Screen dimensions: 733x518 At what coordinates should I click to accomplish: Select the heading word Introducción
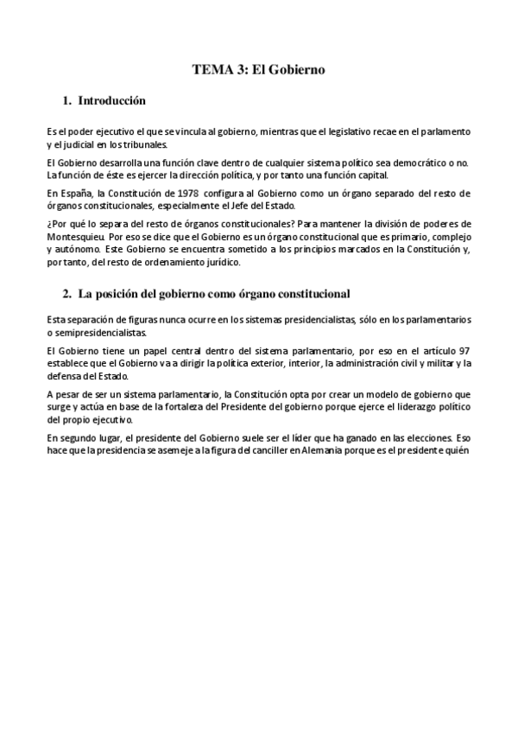pyautogui.click(x=111, y=101)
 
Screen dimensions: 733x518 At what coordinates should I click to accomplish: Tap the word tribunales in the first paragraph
pyautogui.click(x=142, y=143)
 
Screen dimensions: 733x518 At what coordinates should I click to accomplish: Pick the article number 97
pyautogui.click(x=463, y=350)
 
